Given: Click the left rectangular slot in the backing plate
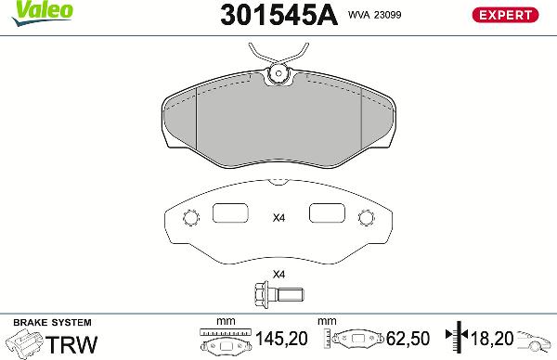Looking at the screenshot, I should pos(230,213).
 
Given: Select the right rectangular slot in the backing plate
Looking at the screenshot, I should pos(327,213).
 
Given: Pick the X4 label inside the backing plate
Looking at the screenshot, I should pos(278,219).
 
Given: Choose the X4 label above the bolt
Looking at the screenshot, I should pos(278,275).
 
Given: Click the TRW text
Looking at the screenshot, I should pos(72,343).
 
